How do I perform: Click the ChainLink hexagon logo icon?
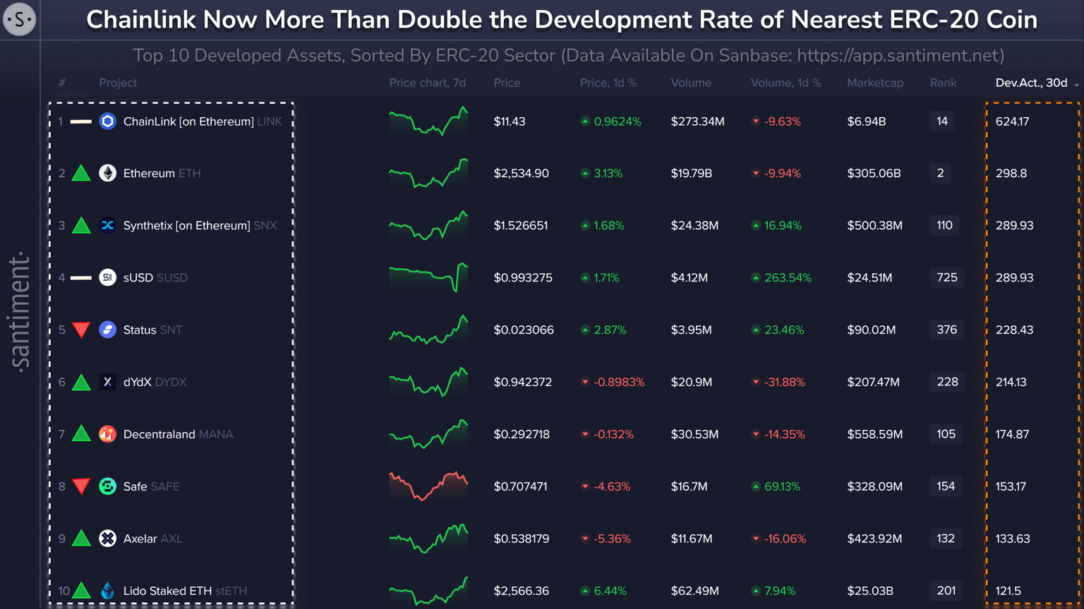click(107, 121)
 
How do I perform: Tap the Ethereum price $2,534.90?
click(521, 174)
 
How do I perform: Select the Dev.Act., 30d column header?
click(1031, 83)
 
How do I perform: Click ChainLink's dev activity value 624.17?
click(1012, 121)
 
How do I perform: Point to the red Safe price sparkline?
click(428, 486)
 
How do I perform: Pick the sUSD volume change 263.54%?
click(787, 278)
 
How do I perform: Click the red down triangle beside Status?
click(81, 330)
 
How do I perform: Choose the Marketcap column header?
click(875, 83)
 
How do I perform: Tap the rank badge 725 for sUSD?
click(946, 277)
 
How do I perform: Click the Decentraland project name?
click(159, 435)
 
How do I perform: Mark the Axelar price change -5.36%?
click(611, 539)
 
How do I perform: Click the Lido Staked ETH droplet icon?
click(107, 591)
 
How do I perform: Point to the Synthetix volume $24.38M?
click(694, 226)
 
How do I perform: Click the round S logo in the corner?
click(19, 19)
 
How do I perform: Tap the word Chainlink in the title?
click(140, 20)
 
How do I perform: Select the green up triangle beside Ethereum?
click(81, 173)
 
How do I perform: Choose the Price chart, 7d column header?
click(427, 83)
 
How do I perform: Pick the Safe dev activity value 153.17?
click(1011, 487)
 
